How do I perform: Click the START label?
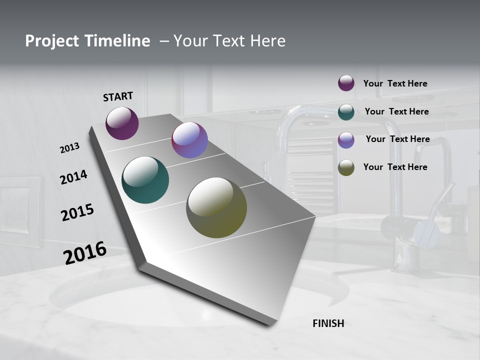118,96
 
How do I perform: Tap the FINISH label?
328,323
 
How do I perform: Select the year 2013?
69,148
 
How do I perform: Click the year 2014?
73,177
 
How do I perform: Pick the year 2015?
77,212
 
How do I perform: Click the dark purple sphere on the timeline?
122,123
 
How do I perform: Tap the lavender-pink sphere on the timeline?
189,140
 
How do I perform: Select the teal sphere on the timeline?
145,180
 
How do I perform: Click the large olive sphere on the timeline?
216,207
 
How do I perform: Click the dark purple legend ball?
346,83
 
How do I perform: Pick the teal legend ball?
346,112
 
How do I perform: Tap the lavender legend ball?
346,140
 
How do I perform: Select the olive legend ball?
346,167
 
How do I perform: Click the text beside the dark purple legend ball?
395,84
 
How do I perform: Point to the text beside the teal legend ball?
396,111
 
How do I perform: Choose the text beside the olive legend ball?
395,167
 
